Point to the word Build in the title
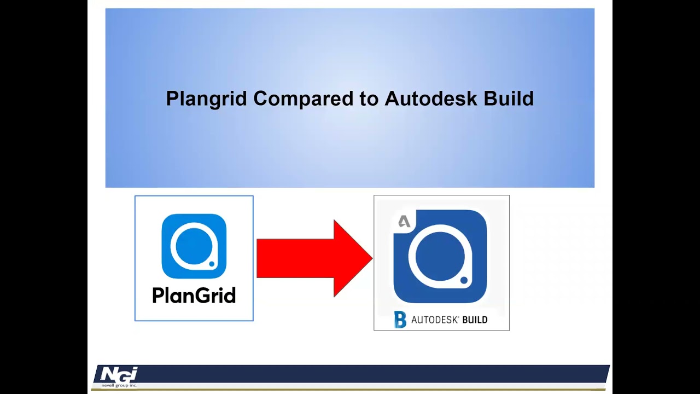(509, 99)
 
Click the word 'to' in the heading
(369, 99)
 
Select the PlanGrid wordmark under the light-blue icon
(194, 296)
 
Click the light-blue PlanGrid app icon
(194, 246)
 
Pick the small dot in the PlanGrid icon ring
(212, 264)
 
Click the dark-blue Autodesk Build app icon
(440, 256)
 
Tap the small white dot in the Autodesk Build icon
(464, 280)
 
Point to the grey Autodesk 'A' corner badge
(404, 222)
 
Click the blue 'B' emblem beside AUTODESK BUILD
(400, 320)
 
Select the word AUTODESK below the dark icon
(435, 320)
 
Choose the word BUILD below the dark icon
(475, 320)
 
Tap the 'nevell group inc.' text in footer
(119, 385)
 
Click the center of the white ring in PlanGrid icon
(192, 245)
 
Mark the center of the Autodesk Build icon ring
(439, 256)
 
